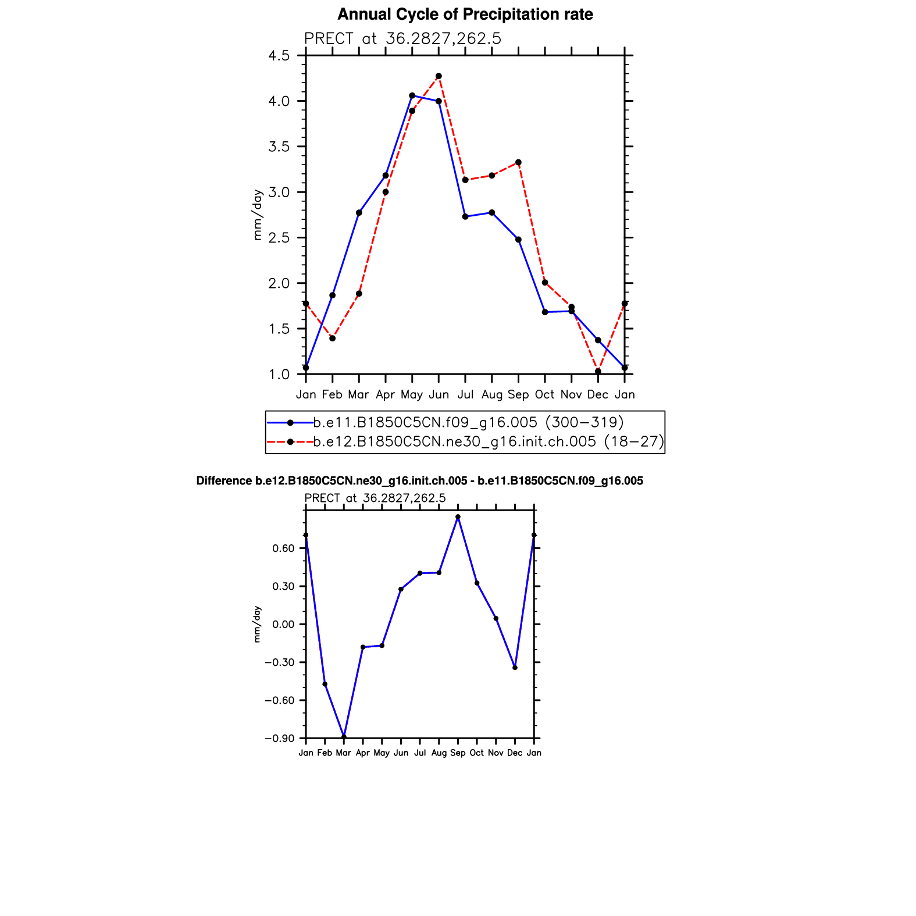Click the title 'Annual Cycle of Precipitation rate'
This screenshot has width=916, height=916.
[x=465, y=15]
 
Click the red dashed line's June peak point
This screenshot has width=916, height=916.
[x=439, y=76]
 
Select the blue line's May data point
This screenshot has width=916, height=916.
[x=412, y=95]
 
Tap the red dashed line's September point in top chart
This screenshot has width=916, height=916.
[x=518, y=162]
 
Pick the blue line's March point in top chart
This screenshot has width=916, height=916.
[x=359, y=213]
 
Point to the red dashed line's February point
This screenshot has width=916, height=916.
[x=332, y=338]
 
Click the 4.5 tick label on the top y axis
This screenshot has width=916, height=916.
[x=279, y=56]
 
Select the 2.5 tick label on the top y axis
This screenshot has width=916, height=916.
[x=279, y=238]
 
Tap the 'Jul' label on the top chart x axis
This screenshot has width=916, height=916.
[x=465, y=395]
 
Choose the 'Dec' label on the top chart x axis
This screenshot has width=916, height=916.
[x=598, y=395]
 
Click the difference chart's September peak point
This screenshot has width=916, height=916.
[x=458, y=516]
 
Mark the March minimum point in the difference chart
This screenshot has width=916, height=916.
[x=344, y=737]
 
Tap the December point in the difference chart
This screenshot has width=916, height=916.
[x=515, y=668]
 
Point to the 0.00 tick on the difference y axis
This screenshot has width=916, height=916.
[x=284, y=625]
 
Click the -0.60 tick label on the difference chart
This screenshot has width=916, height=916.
[x=280, y=701]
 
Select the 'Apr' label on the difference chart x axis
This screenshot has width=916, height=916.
[x=363, y=753]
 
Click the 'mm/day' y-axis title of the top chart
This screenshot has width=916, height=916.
[x=257, y=215]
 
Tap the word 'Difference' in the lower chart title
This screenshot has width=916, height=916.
[x=223, y=481]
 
